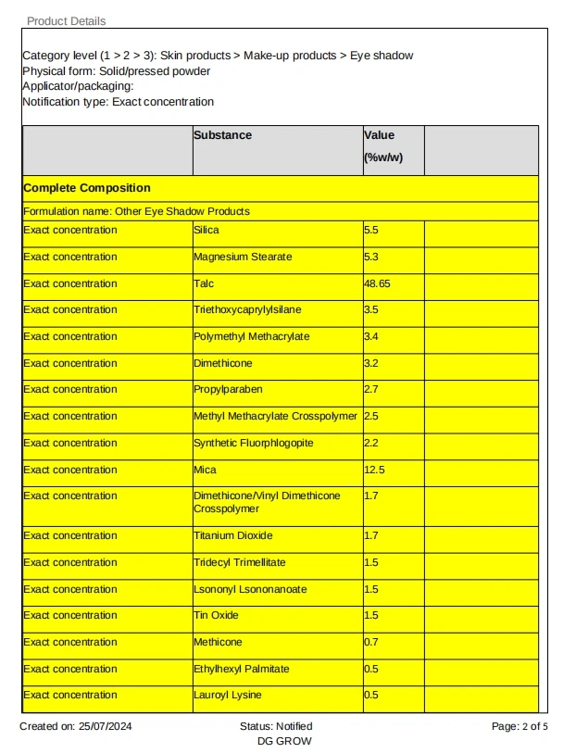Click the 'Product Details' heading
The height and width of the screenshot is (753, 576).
pyautogui.click(x=66, y=20)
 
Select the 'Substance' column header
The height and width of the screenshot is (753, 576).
pyautogui.click(x=222, y=135)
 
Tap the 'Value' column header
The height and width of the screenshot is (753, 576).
pyautogui.click(x=380, y=135)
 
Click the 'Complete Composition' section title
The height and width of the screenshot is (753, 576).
pyautogui.click(x=87, y=188)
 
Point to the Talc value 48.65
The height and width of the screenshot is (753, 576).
pyautogui.click(x=378, y=283)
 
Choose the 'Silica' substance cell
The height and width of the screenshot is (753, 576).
pyautogui.click(x=207, y=230)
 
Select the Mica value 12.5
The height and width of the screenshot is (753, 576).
pyautogui.click(x=374, y=470)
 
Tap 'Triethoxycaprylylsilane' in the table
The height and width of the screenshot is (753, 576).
pyautogui.click(x=247, y=309)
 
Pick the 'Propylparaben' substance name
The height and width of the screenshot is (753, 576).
pyautogui.click(x=226, y=389)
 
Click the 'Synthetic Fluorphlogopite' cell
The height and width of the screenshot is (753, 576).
pyautogui.click(x=254, y=443)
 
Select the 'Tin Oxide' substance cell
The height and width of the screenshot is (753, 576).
pyautogui.click(x=216, y=615)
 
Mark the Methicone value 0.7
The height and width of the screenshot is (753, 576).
pyautogui.click(x=371, y=642)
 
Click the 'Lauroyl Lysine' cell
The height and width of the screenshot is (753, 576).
pyautogui.click(x=228, y=695)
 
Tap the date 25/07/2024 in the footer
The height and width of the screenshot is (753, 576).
pyautogui.click(x=106, y=726)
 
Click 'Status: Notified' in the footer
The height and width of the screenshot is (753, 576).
pyautogui.click(x=276, y=726)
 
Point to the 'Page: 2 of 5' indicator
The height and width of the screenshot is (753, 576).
pyautogui.click(x=520, y=726)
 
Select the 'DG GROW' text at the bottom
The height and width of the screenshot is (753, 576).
pyautogui.click(x=284, y=741)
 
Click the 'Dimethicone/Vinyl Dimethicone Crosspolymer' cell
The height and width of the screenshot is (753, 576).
pyautogui.click(x=267, y=502)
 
